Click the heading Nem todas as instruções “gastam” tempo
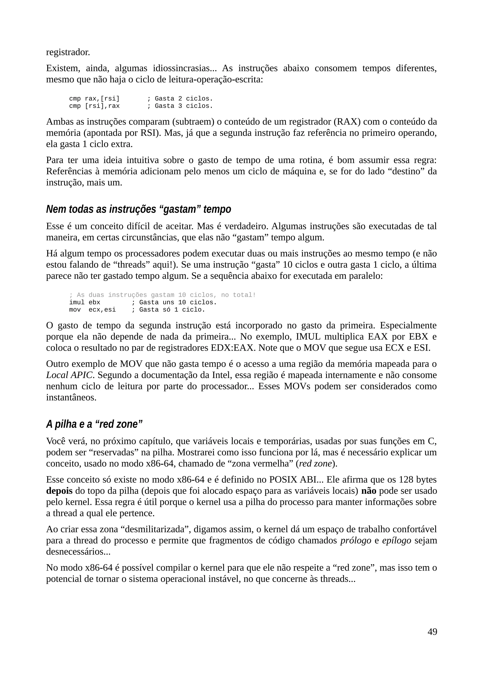(138, 210)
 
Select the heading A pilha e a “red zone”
(94, 424)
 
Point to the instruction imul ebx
(84, 302)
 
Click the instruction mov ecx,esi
(92, 310)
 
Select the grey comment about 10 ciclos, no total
(162, 295)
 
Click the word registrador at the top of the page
(68, 52)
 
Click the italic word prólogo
(356, 540)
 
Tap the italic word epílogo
(396, 540)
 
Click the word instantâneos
(71, 397)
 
